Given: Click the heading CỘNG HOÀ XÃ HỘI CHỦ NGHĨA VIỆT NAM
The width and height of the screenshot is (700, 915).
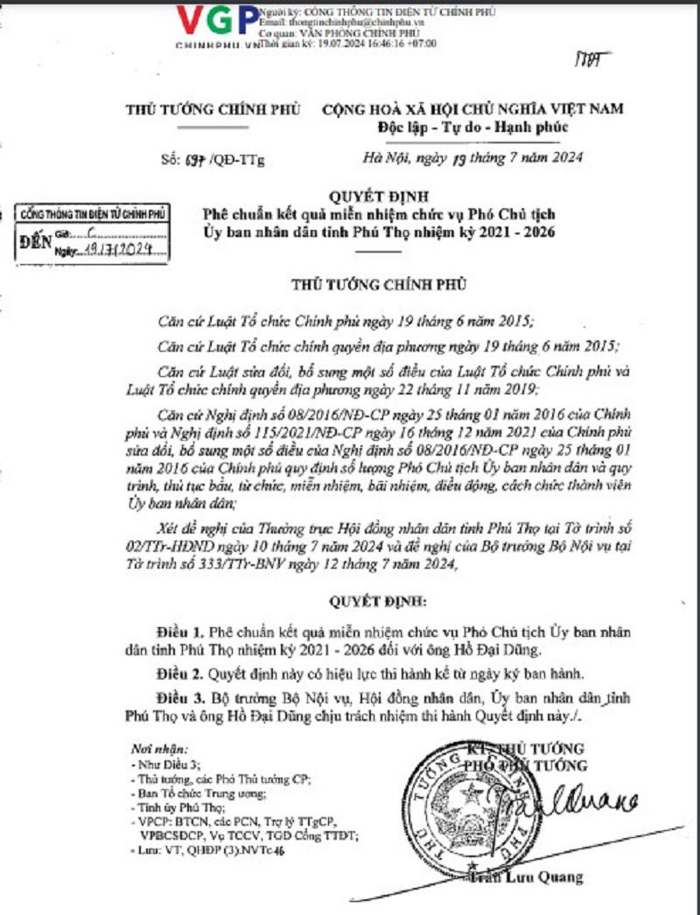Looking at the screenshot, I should (472, 110).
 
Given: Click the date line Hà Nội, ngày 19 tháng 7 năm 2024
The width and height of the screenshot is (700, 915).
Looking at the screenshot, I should (472, 158).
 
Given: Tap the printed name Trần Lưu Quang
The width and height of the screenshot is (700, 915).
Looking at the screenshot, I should (528, 878).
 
